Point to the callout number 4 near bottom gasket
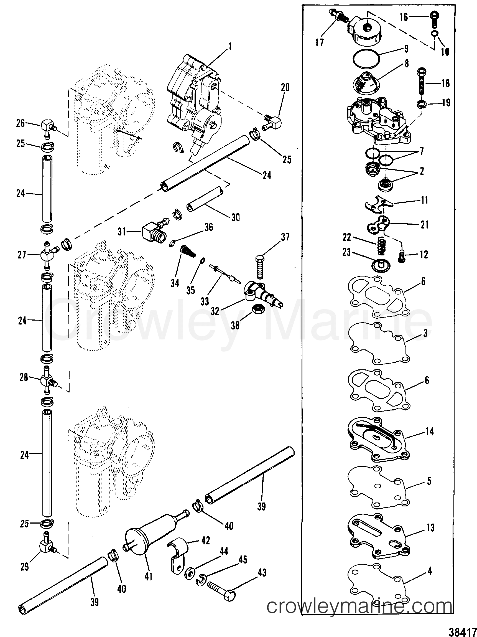tap(430, 570)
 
